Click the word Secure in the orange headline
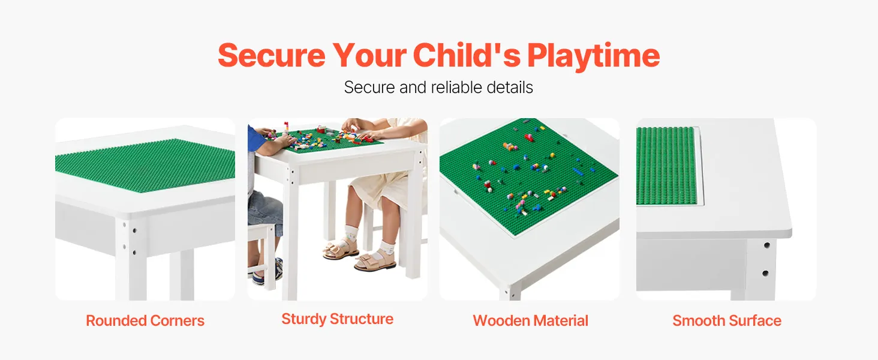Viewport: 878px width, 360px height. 272,55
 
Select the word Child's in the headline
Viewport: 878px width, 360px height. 467,55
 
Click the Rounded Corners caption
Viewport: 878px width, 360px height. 145,321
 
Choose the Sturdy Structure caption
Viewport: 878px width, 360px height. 337,319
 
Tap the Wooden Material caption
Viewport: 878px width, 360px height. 530,321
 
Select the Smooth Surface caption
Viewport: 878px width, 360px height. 727,321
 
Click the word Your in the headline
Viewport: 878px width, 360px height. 369,55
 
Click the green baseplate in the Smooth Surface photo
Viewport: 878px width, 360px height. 666,166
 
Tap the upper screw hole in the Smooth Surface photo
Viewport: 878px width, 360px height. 767,245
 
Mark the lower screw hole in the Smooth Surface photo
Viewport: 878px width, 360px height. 765,273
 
